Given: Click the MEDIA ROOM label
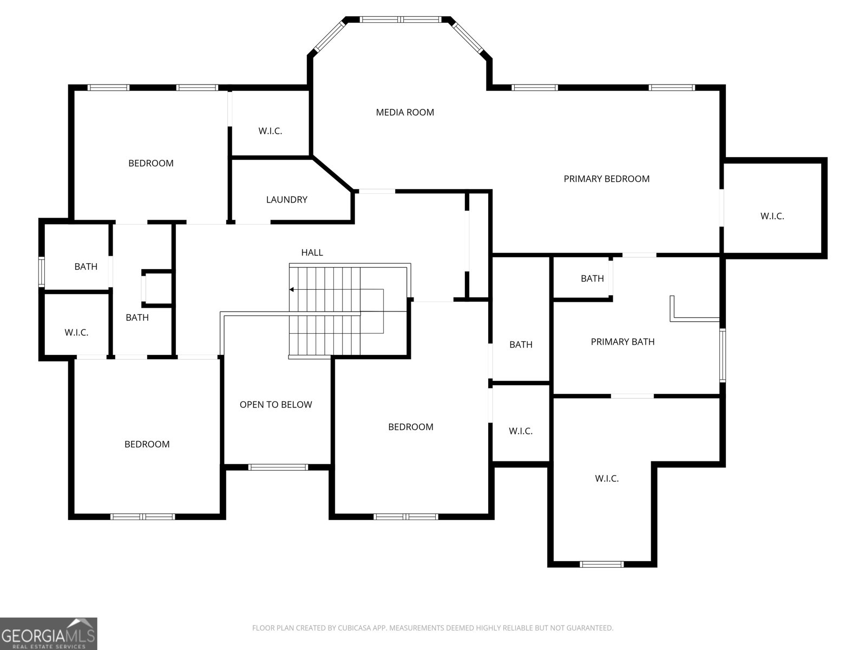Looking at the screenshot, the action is tap(405, 113).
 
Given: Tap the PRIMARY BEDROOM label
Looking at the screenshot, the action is tap(606, 179).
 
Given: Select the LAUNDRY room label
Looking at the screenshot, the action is tap(286, 200).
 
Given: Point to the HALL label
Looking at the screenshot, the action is tap(312, 252).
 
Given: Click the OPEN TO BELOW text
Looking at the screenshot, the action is tap(276, 405).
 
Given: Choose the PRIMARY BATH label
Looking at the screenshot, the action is tap(622, 342).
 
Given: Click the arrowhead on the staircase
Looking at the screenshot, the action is tap(292, 290).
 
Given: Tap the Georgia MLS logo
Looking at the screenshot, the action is tap(49, 633).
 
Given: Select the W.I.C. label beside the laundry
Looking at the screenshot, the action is tap(270, 131).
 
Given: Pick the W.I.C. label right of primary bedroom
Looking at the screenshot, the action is tap(772, 216).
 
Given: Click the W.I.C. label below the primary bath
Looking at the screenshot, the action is tap(607, 479).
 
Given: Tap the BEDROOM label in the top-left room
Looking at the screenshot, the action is tap(150, 164).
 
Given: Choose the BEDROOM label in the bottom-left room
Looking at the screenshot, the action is tap(147, 444).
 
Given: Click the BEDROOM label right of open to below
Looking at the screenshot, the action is tap(411, 427).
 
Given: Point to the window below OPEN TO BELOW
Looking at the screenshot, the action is tap(278, 467).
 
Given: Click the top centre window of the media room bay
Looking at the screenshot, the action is tap(400, 19).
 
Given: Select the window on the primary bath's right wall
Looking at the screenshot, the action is tap(723, 355).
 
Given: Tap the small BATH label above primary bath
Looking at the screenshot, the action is tap(592, 278).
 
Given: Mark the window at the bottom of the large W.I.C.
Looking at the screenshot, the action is tap(602, 564).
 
